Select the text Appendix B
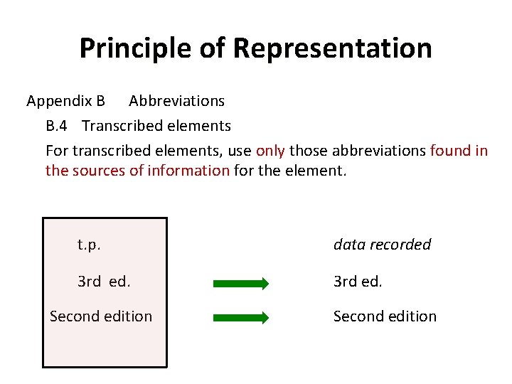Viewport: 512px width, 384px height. pyautogui.click(x=65, y=101)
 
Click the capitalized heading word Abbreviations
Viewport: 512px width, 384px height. pyautogui.click(x=176, y=101)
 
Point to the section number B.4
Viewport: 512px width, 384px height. pyautogui.click(x=56, y=126)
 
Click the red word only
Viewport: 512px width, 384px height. pyautogui.click(x=270, y=151)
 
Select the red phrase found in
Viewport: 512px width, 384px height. pyautogui.click(x=459, y=151)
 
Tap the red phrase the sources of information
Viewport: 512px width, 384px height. pyautogui.click(x=137, y=171)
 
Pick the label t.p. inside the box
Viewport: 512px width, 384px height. pyautogui.click(x=89, y=245)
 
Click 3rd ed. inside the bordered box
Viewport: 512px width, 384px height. pyautogui.click(x=104, y=282)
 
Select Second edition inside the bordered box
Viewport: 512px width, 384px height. pyautogui.click(x=101, y=316)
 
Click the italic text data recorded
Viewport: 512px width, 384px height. pyautogui.click(x=382, y=245)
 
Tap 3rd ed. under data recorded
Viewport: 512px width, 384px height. pyautogui.click(x=358, y=282)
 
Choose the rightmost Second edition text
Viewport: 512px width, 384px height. pyautogui.click(x=385, y=316)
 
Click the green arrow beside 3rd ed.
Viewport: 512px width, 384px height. pyautogui.click(x=241, y=283)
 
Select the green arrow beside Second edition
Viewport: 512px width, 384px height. pyautogui.click(x=241, y=317)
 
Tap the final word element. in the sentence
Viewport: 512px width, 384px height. pyautogui.click(x=319, y=171)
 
